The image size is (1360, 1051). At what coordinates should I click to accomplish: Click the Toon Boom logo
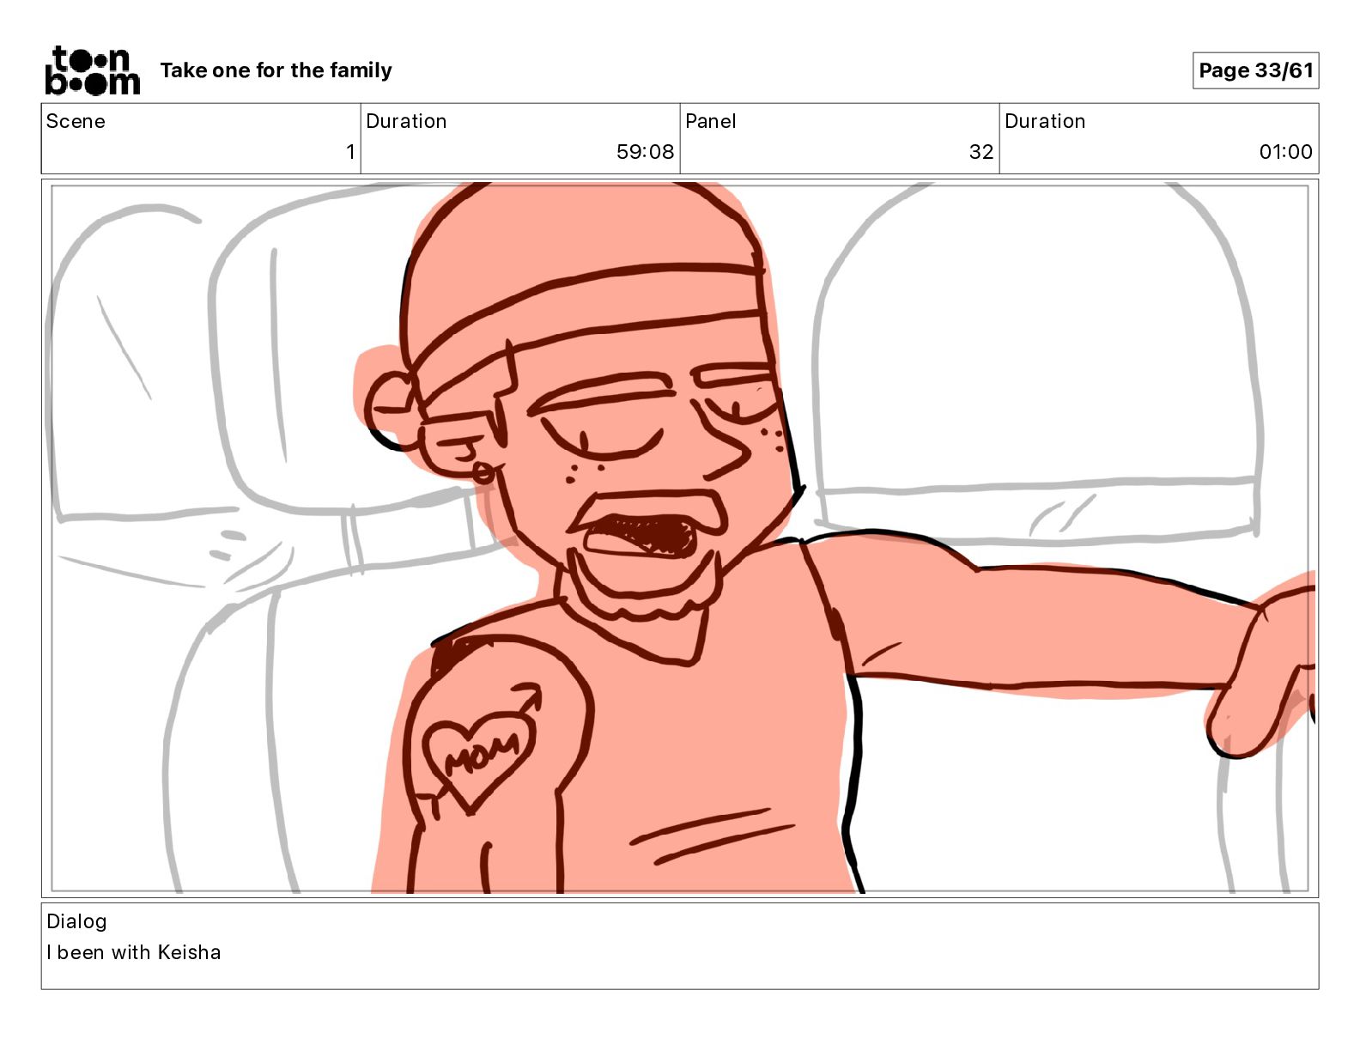pyautogui.click(x=92, y=70)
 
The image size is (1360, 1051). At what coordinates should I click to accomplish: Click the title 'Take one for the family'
pyautogui.click(x=276, y=70)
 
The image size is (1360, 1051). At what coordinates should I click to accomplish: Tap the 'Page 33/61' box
pyautogui.click(x=1255, y=70)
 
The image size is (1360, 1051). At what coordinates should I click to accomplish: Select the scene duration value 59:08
pyautogui.click(x=645, y=151)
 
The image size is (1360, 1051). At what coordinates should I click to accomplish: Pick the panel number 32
pyautogui.click(x=981, y=151)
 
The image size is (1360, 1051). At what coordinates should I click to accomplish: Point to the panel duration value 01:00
pyautogui.click(x=1285, y=151)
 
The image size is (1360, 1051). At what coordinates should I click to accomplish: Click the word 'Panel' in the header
pyautogui.click(x=710, y=121)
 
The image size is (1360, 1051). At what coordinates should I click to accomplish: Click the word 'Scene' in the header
pyautogui.click(x=76, y=121)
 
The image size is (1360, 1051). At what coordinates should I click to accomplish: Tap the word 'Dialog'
pyautogui.click(x=77, y=921)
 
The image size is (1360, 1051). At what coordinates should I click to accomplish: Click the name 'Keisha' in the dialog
pyautogui.click(x=189, y=952)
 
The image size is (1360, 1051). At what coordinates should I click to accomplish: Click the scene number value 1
pyautogui.click(x=350, y=151)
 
